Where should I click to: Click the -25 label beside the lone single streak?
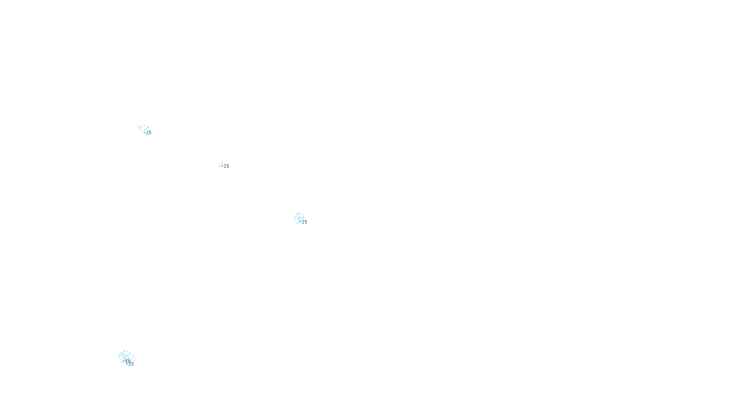click(226, 166)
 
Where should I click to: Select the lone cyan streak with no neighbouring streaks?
click(221, 164)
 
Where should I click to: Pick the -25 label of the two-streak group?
click(148, 133)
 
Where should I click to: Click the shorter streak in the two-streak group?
click(140, 127)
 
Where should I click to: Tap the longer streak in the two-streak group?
click(146, 129)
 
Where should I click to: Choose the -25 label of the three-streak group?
click(304, 222)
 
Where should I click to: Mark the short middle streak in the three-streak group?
click(299, 218)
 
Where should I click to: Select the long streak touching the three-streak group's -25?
click(300, 220)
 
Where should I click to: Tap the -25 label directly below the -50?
click(131, 364)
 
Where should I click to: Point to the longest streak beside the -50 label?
click(126, 357)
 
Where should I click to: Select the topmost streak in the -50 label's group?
click(122, 353)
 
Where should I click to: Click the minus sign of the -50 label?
click(124, 361)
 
